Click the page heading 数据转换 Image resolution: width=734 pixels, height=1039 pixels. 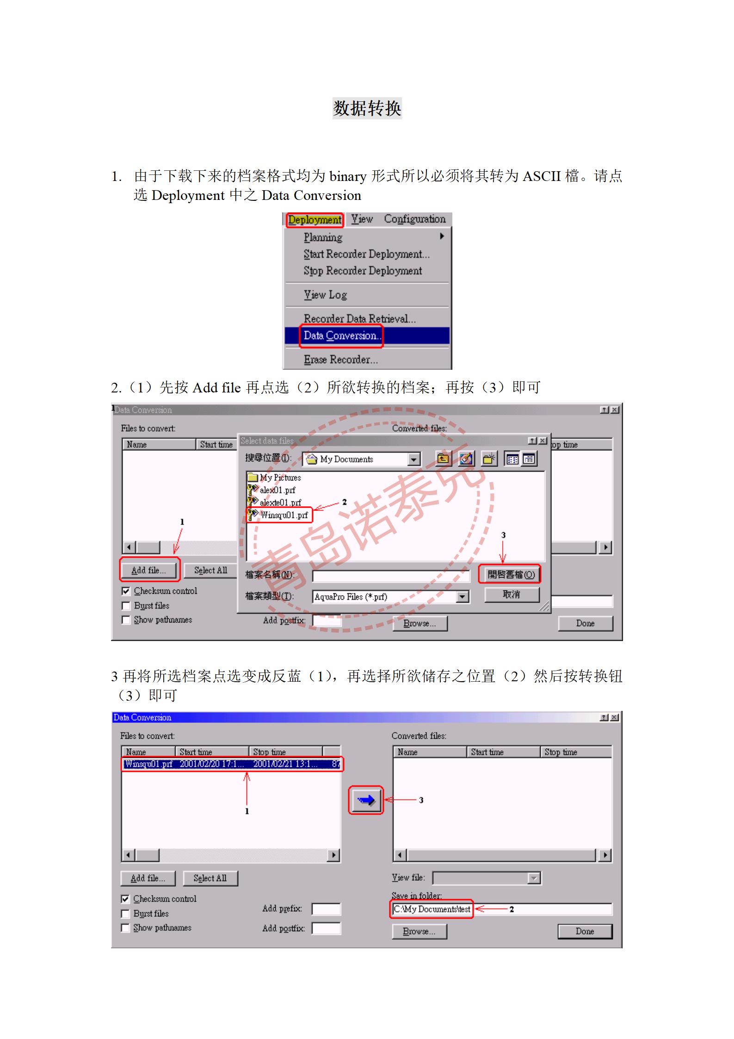[x=367, y=108]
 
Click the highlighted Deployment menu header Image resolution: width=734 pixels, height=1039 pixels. [x=315, y=220]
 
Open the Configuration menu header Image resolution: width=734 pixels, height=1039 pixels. [x=414, y=219]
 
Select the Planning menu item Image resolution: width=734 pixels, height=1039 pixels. [x=323, y=237]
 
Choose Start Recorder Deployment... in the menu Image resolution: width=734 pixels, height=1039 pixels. [x=366, y=254]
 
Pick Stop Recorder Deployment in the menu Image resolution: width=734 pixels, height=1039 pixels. [x=363, y=271]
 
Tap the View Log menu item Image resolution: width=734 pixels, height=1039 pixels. [x=325, y=295]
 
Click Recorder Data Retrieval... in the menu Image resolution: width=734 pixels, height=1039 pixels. [x=359, y=318]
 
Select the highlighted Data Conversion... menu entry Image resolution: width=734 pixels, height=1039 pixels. [x=341, y=336]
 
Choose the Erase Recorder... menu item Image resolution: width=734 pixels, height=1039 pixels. [x=340, y=360]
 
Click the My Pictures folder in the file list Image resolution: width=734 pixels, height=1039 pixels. [x=280, y=478]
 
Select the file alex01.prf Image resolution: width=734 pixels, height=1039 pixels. [x=277, y=490]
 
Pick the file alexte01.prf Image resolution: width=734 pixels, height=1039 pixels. [x=280, y=503]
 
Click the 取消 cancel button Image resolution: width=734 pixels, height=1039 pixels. [x=512, y=595]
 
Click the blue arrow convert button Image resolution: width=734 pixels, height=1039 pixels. [x=365, y=800]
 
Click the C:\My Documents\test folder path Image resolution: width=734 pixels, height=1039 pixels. [x=432, y=909]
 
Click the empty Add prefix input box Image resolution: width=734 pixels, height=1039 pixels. [x=326, y=909]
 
